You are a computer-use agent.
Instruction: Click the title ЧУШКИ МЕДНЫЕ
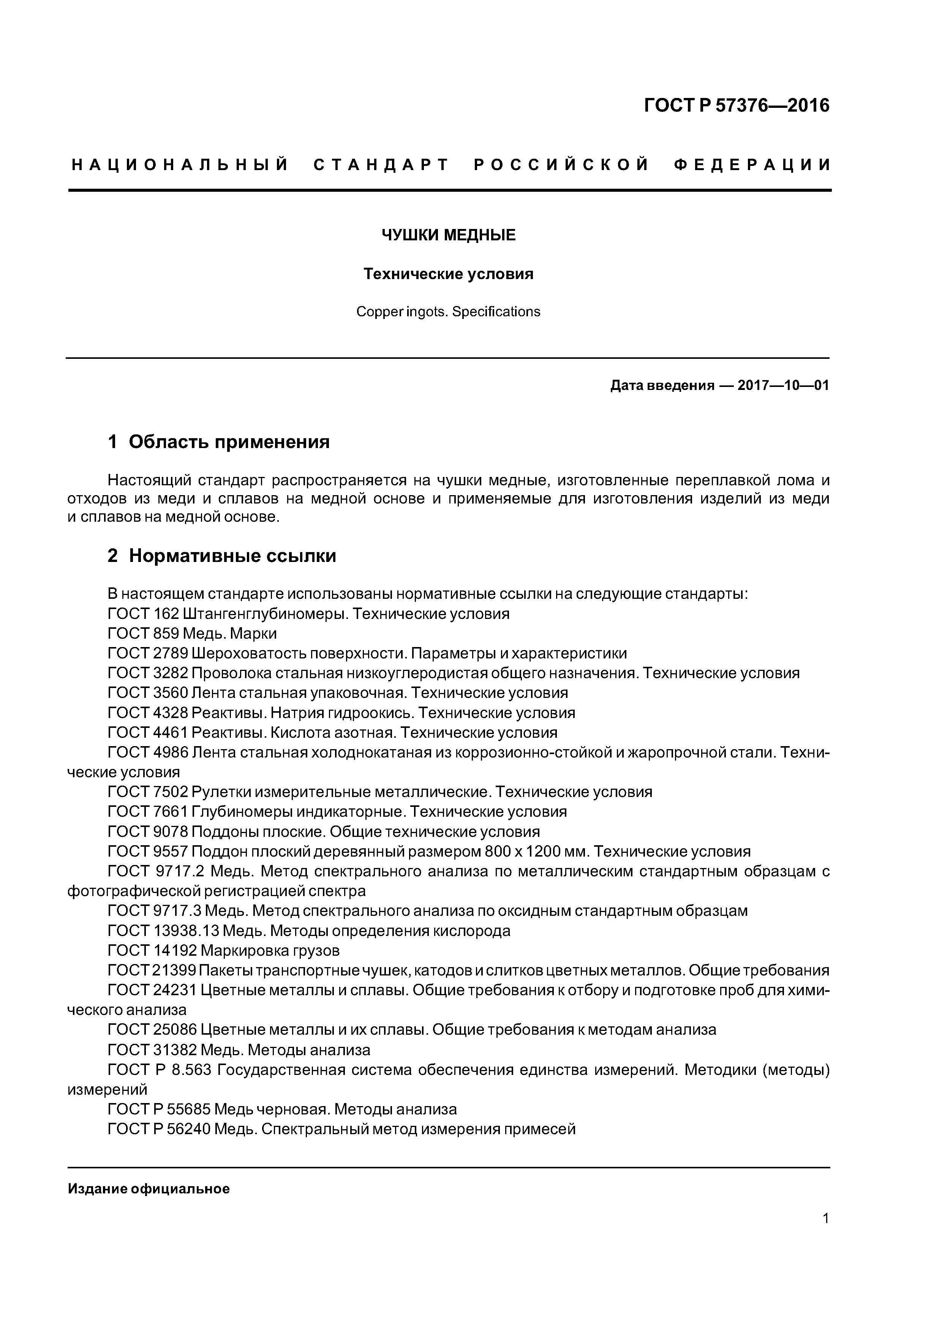[448, 235]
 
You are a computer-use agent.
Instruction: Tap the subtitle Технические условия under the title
[448, 274]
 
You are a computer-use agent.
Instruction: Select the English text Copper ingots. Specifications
[448, 311]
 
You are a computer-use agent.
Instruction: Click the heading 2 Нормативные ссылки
[222, 556]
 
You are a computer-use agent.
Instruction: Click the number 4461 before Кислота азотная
[171, 733]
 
